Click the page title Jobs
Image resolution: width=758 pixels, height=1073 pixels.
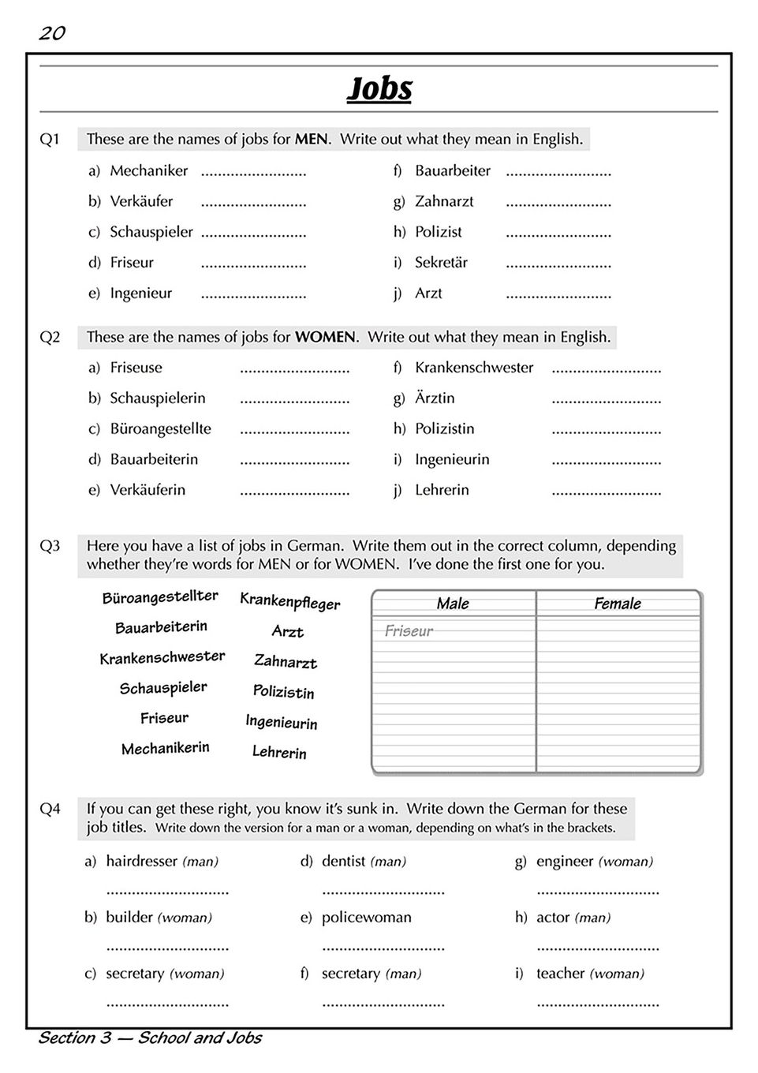[379, 88]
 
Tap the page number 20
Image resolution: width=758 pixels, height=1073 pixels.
[52, 33]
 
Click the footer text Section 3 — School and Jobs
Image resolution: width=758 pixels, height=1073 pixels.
[150, 1038]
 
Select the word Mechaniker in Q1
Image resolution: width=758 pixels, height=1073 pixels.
[149, 170]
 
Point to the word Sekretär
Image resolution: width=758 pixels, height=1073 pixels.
[442, 263]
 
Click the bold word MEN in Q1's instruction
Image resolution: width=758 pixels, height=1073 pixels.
[311, 140]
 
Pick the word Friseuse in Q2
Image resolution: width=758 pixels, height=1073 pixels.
[136, 368]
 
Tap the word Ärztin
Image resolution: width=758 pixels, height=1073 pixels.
[435, 398]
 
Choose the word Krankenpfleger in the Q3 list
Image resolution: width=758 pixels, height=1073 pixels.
[290, 602]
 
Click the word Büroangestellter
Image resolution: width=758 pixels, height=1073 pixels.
[160, 597]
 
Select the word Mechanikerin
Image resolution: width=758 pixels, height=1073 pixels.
[166, 748]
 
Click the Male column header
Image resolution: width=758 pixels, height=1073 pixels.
[453, 604]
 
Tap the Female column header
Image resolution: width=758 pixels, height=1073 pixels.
[618, 604]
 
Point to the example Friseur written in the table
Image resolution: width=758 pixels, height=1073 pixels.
[409, 631]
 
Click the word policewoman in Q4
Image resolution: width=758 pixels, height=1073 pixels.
[367, 918]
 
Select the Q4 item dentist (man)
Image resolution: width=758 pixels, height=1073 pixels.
[364, 862]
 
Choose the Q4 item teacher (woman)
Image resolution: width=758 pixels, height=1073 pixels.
[590, 974]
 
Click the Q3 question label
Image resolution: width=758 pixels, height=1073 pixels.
[50, 546]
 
